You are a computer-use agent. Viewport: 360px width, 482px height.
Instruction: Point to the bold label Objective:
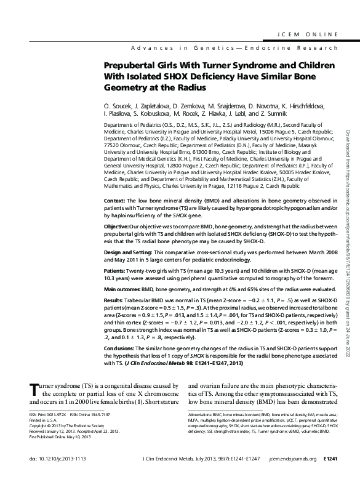coord(118,227)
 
